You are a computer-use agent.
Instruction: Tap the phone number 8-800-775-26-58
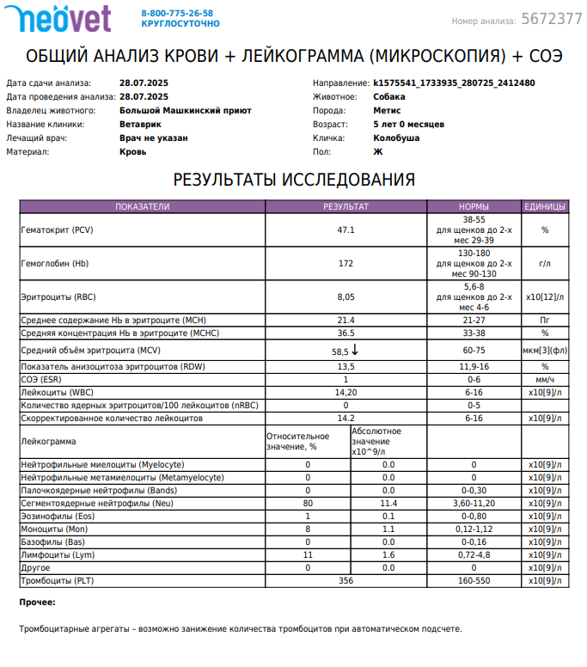(x=177, y=14)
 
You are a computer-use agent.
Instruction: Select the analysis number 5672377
(x=551, y=20)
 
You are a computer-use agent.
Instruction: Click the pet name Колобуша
(x=396, y=138)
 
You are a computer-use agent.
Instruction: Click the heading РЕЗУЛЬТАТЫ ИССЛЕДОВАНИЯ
(x=294, y=180)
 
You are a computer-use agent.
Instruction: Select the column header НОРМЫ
(x=474, y=206)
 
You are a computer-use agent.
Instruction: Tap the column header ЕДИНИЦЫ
(x=545, y=206)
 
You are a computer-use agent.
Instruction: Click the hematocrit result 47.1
(x=345, y=230)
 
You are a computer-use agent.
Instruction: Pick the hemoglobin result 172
(x=345, y=263)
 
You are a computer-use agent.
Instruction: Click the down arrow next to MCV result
(x=355, y=351)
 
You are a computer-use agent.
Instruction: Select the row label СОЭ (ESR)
(x=40, y=379)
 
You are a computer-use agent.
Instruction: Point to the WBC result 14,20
(x=345, y=392)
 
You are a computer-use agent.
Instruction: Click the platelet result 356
(x=345, y=581)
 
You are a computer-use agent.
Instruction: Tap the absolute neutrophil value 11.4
(x=388, y=503)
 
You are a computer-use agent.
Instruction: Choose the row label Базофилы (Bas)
(x=52, y=542)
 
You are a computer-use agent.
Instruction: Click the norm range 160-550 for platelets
(x=474, y=581)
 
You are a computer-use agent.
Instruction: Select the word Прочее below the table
(x=37, y=603)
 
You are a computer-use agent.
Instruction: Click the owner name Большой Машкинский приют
(x=185, y=110)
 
